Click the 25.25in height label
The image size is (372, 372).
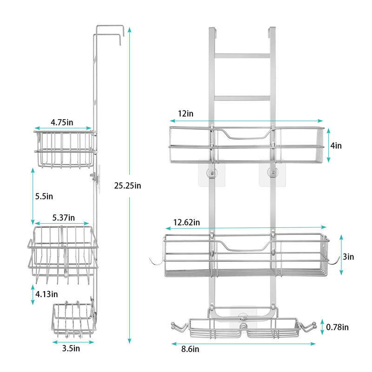[x=127, y=186]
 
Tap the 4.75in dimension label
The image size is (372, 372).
[x=62, y=122]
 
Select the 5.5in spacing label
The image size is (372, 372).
[x=44, y=196]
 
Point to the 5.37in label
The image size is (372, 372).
[x=64, y=218]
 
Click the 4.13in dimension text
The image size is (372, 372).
[x=46, y=294]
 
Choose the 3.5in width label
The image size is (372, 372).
[x=71, y=348]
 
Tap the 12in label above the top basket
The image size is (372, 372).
[x=186, y=113]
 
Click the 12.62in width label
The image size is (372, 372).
[x=186, y=223]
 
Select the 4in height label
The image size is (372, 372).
[x=336, y=146]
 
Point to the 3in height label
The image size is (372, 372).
[x=348, y=257]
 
